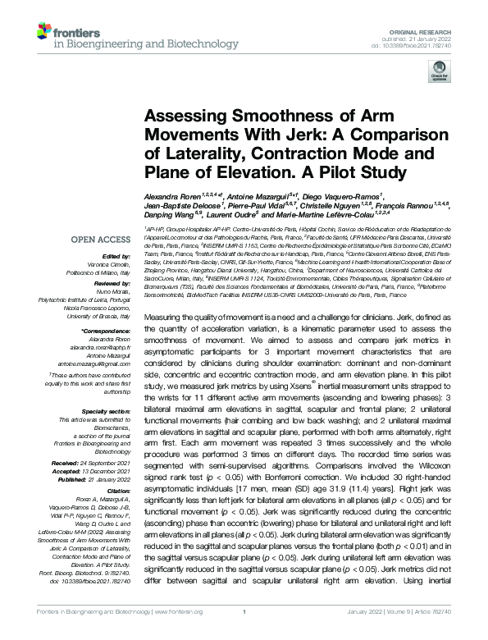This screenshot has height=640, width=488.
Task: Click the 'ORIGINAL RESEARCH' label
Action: tap(433, 30)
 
